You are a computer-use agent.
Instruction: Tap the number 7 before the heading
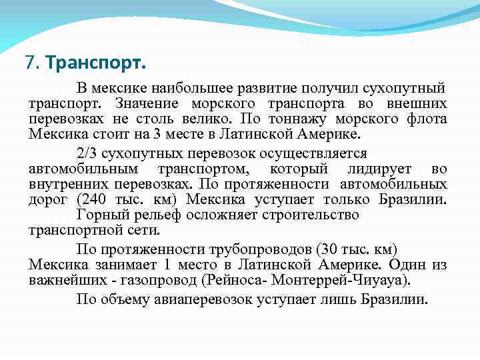point(29,63)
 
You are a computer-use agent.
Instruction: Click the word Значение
point(147,104)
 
